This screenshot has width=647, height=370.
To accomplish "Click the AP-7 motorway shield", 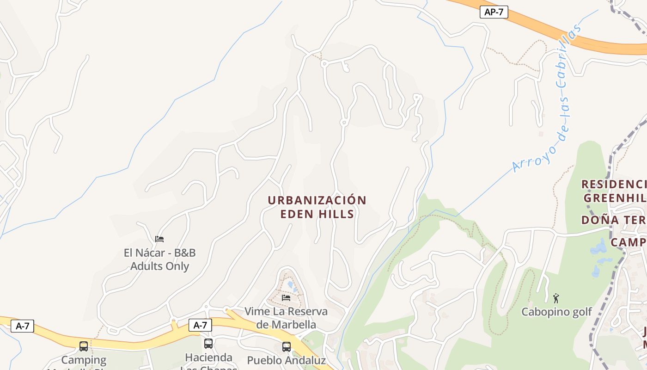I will [x=494, y=12].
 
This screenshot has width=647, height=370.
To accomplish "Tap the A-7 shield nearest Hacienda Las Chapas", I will [x=200, y=325].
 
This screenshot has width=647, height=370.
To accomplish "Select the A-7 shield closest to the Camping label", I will [x=22, y=326].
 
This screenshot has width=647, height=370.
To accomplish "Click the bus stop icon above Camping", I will [x=84, y=346].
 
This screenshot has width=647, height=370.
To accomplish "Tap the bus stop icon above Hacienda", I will [x=208, y=343].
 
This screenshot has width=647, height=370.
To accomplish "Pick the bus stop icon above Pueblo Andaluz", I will [x=287, y=346].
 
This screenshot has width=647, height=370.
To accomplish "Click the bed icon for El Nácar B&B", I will [x=159, y=239].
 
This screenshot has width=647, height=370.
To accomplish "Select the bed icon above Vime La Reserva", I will [x=286, y=297].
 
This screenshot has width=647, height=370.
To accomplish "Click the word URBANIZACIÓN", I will [x=317, y=200].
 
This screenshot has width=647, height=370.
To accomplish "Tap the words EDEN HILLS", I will [x=317, y=214].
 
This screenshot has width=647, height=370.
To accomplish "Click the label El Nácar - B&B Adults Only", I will [x=159, y=259].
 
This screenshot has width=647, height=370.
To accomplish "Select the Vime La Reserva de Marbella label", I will [x=286, y=318].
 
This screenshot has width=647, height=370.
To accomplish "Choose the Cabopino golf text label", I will [x=556, y=312].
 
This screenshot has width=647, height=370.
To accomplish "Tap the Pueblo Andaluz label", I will [x=286, y=361].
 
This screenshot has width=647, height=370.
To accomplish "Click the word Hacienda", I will [x=208, y=358].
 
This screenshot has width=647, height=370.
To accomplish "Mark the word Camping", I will [x=84, y=360].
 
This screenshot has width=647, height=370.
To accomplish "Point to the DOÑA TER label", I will [x=613, y=220].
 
